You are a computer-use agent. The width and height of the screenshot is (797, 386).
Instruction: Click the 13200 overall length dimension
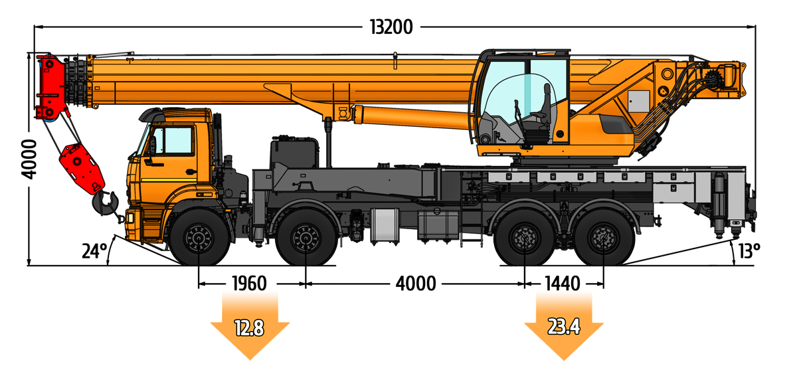click(391, 27)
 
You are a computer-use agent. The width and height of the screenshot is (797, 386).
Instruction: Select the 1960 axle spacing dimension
click(249, 284)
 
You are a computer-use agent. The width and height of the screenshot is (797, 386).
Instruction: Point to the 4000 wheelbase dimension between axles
click(416, 284)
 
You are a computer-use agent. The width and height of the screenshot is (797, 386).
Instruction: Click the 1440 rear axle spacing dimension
click(563, 284)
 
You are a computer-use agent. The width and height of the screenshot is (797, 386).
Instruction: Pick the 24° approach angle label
click(94, 251)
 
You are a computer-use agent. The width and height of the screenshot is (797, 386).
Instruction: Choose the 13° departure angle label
click(749, 251)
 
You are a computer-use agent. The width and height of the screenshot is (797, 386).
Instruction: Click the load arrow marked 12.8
click(250, 329)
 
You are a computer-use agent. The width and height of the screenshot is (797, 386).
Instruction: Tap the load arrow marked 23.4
click(564, 328)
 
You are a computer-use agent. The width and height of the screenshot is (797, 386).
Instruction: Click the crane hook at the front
click(106, 203)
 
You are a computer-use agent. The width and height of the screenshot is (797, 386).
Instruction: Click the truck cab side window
click(175, 141)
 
